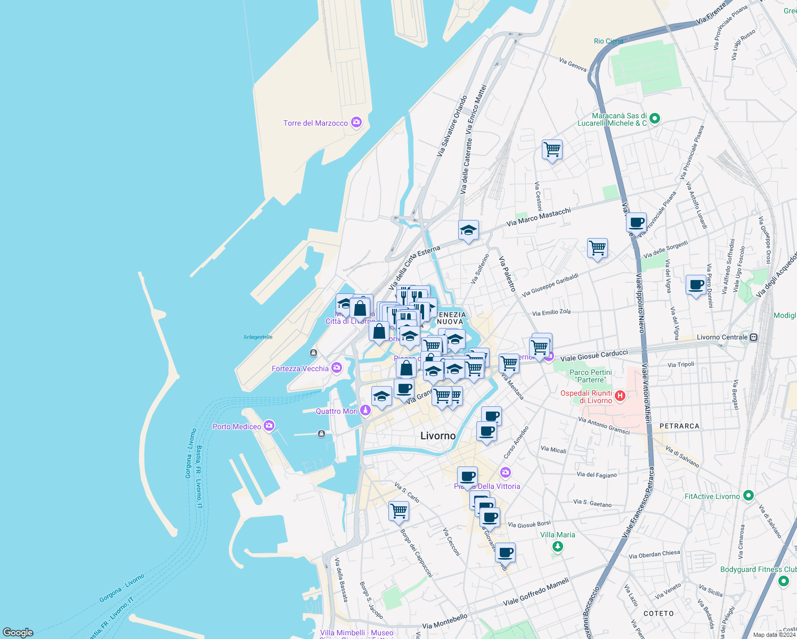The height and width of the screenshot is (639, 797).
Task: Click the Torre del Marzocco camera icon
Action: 356,122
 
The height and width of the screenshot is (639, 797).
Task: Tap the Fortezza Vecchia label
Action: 300,368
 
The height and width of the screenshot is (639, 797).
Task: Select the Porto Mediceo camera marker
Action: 269,425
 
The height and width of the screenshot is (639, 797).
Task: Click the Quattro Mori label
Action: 337,411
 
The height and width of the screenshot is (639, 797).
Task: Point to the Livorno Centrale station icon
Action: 753,337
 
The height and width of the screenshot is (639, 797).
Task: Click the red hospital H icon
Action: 620,396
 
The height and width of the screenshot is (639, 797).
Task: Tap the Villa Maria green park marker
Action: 557,546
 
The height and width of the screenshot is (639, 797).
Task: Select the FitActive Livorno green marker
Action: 748,496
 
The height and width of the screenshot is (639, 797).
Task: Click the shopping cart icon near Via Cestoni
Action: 552,150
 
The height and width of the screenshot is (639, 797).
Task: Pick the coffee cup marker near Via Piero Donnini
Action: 696,285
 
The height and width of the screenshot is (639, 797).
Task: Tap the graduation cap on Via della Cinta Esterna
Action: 468,230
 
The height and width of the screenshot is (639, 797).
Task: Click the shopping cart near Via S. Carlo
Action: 398,511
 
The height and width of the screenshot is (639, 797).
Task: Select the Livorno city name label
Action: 438,436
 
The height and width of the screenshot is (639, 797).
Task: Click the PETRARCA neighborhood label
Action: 679,426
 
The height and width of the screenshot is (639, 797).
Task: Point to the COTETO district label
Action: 658,613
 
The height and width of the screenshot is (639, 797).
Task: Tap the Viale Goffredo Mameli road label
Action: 536,592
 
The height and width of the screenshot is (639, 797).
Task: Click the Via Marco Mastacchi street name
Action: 539,217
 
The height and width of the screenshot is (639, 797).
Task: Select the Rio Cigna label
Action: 608,41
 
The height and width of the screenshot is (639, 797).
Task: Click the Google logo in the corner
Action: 18,632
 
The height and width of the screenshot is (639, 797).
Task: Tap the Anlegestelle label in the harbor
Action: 258,337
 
